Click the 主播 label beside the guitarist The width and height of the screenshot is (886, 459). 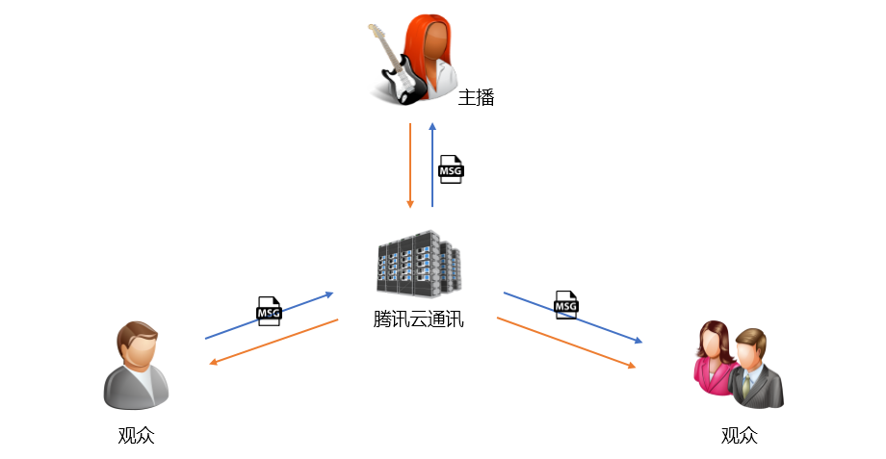[476, 97]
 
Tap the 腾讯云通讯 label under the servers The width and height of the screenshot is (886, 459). [418, 319]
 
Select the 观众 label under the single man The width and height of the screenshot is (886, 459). [136, 435]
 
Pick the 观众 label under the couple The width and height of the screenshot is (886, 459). [739, 435]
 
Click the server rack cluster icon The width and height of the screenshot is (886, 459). [419, 263]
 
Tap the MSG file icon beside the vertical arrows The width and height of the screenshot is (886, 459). [451, 169]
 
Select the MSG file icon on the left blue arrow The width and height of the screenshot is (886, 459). [269, 311]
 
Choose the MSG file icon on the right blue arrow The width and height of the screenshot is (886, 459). [566, 305]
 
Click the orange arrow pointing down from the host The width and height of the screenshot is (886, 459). [410, 166]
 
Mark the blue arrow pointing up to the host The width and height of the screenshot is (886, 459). [432, 165]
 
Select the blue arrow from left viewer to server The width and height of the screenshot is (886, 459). [270, 316]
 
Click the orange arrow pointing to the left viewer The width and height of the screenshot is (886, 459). [274, 343]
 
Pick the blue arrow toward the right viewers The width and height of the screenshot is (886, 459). [573, 318]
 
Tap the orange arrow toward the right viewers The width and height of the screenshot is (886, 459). [566, 344]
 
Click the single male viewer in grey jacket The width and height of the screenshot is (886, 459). [136, 366]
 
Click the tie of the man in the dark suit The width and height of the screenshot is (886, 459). [746, 385]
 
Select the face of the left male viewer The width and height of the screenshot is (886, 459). [138, 350]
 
